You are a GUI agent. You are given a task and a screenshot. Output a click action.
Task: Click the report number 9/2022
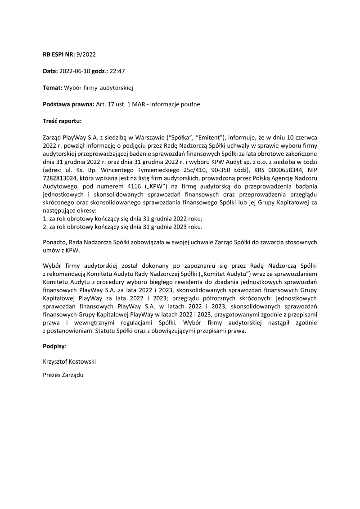click(86, 54)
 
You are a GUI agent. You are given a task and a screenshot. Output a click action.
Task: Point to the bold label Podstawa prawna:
click(66, 104)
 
